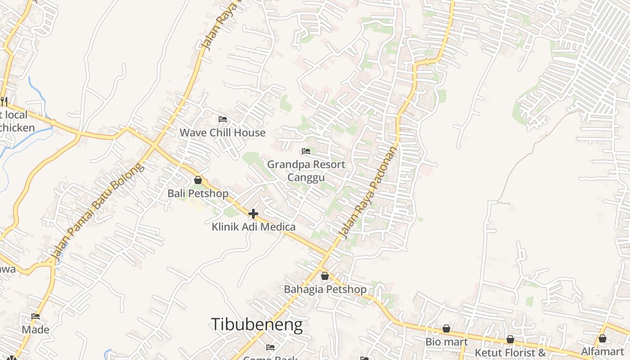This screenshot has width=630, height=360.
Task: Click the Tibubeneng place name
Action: pyautogui.click(x=256, y=324)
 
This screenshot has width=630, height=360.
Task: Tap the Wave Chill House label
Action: pyautogui.click(x=222, y=133)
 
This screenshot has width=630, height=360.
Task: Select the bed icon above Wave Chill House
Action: pyautogui.click(x=222, y=119)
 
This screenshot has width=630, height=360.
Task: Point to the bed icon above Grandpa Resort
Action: pyautogui.click(x=306, y=151)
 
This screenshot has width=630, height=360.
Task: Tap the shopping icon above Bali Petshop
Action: pyautogui.click(x=198, y=180)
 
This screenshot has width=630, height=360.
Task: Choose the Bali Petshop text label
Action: pyautogui.click(x=198, y=193)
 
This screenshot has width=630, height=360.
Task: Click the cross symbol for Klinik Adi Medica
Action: pyautogui.click(x=253, y=214)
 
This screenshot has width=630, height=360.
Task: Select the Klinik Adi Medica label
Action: pyautogui.click(x=253, y=227)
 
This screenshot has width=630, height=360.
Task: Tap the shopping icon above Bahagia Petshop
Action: pyautogui.click(x=324, y=276)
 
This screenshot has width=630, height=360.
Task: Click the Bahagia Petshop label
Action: pyautogui.click(x=325, y=289)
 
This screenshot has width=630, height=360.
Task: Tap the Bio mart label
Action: pyautogui.click(x=446, y=342)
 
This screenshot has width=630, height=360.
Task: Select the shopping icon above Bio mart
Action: pyautogui.click(x=446, y=329)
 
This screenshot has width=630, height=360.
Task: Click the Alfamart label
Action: pyautogui.click(x=603, y=351)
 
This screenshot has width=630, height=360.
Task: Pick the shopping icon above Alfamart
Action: pyautogui.click(x=603, y=338)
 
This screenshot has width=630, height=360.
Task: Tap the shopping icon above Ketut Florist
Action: pyautogui.click(x=510, y=339)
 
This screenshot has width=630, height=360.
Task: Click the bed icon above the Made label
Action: pyautogui.click(x=36, y=316)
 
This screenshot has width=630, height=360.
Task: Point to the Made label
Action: pyautogui.click(x=36, y=329)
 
